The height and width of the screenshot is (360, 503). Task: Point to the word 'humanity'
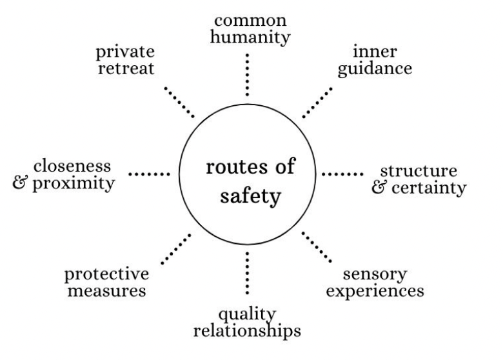tap(248, 37)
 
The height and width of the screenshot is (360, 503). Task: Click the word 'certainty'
tap(428, 189)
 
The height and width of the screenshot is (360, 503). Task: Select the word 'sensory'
tap(375, 274)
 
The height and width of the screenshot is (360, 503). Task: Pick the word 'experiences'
tap(375, 290)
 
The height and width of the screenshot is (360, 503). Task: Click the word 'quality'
tap(247, 314)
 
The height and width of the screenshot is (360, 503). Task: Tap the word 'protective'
tap(106, 274)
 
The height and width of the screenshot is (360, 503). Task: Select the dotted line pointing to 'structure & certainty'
tap(342, 174)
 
